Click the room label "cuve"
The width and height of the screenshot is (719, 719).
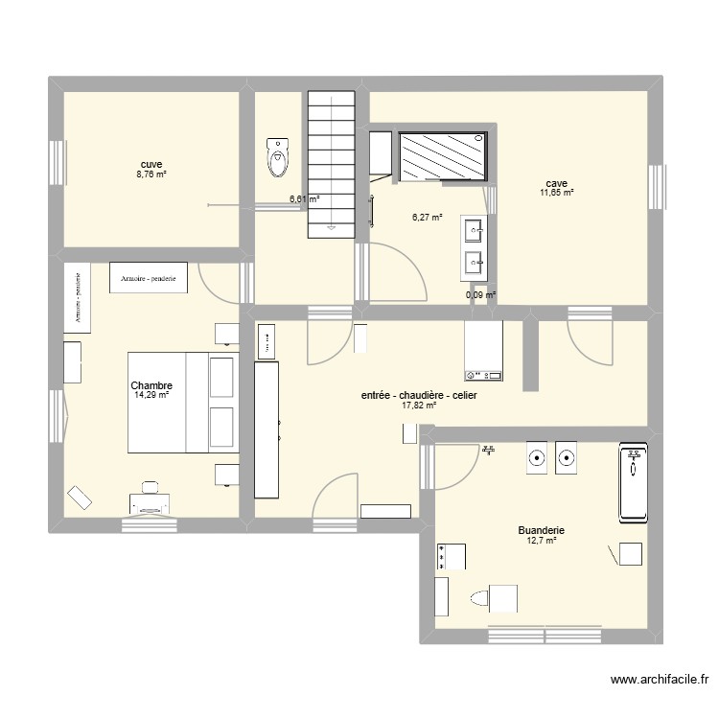coord(151,165)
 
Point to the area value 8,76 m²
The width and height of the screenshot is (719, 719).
coord(151,174)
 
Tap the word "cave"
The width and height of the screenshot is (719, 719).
coord(556,183)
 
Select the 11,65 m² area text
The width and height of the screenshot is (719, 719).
coord(556,193)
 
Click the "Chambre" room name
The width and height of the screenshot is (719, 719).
coord(151,385)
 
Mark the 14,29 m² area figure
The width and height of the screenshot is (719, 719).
coord(151,395)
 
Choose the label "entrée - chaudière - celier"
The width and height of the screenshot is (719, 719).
coord(419,395)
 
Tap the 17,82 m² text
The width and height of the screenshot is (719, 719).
coord(419,406)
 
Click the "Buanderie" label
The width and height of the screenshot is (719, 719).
coord(541,530)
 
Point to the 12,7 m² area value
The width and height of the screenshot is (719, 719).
coord(541,541)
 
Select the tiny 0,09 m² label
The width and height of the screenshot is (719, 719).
coord(480,295)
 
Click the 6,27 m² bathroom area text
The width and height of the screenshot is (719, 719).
coord(427,218)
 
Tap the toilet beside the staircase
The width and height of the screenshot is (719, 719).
coord(278,157)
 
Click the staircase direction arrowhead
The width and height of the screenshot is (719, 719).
coord(331,228)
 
